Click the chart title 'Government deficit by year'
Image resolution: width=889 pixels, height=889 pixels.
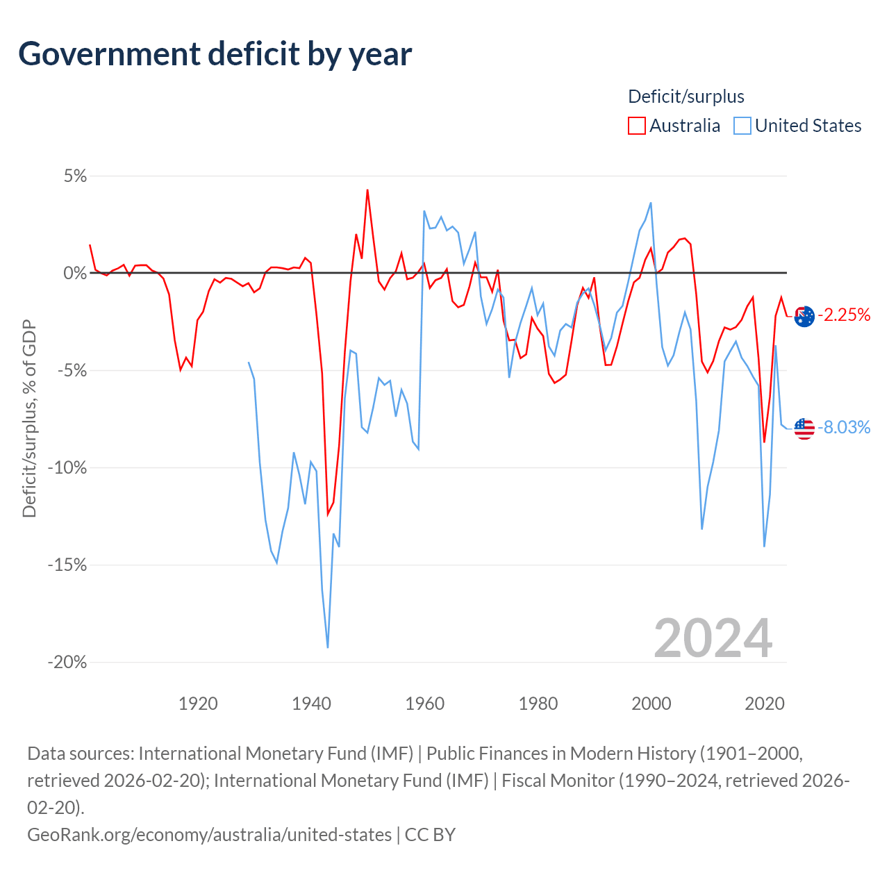(x=215, y=54)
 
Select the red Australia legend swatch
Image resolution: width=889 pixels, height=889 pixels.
(x=636, y=126)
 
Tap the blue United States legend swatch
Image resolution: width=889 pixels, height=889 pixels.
(x=742, y=126)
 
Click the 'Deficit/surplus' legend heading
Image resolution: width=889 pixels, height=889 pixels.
(x=686, y=97)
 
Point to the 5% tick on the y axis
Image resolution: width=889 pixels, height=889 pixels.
(x=75, y=176)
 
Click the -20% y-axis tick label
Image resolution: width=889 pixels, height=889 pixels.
(x=67, y=662)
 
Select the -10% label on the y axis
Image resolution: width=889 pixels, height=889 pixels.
(x=67, y=467)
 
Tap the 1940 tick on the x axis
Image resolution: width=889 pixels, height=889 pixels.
(x=311, y=704)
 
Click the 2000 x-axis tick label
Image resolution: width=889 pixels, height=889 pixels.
(x=651, y=704)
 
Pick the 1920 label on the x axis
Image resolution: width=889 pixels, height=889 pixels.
(x=198, y=704)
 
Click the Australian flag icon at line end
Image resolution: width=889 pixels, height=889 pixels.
(x=804, y=317)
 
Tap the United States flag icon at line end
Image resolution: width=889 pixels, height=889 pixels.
(x=804, y=429)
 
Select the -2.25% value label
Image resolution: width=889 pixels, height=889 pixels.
(x=844, y=315)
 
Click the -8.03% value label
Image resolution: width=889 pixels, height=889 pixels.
(x=844, y=427)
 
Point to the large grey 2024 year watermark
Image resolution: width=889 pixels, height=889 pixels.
(x=713, y=638)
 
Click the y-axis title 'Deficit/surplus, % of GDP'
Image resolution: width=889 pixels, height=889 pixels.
(x=30, y=418)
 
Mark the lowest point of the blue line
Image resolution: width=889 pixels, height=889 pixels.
(x=328, y=647)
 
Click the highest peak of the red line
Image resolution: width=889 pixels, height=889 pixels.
(x=367, y=190)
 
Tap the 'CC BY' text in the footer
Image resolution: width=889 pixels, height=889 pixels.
(x=430, y=835)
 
